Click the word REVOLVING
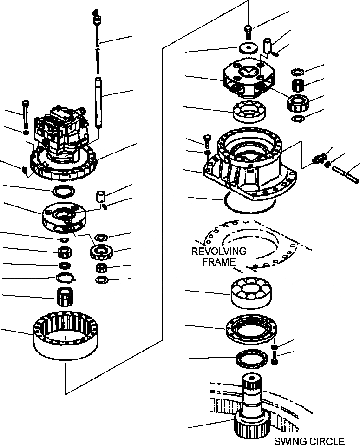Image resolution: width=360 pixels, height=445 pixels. [x=219, y=252]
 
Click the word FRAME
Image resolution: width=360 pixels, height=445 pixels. [x=222, y=262]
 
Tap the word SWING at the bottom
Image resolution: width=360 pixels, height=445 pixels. [x=287, y=441]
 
